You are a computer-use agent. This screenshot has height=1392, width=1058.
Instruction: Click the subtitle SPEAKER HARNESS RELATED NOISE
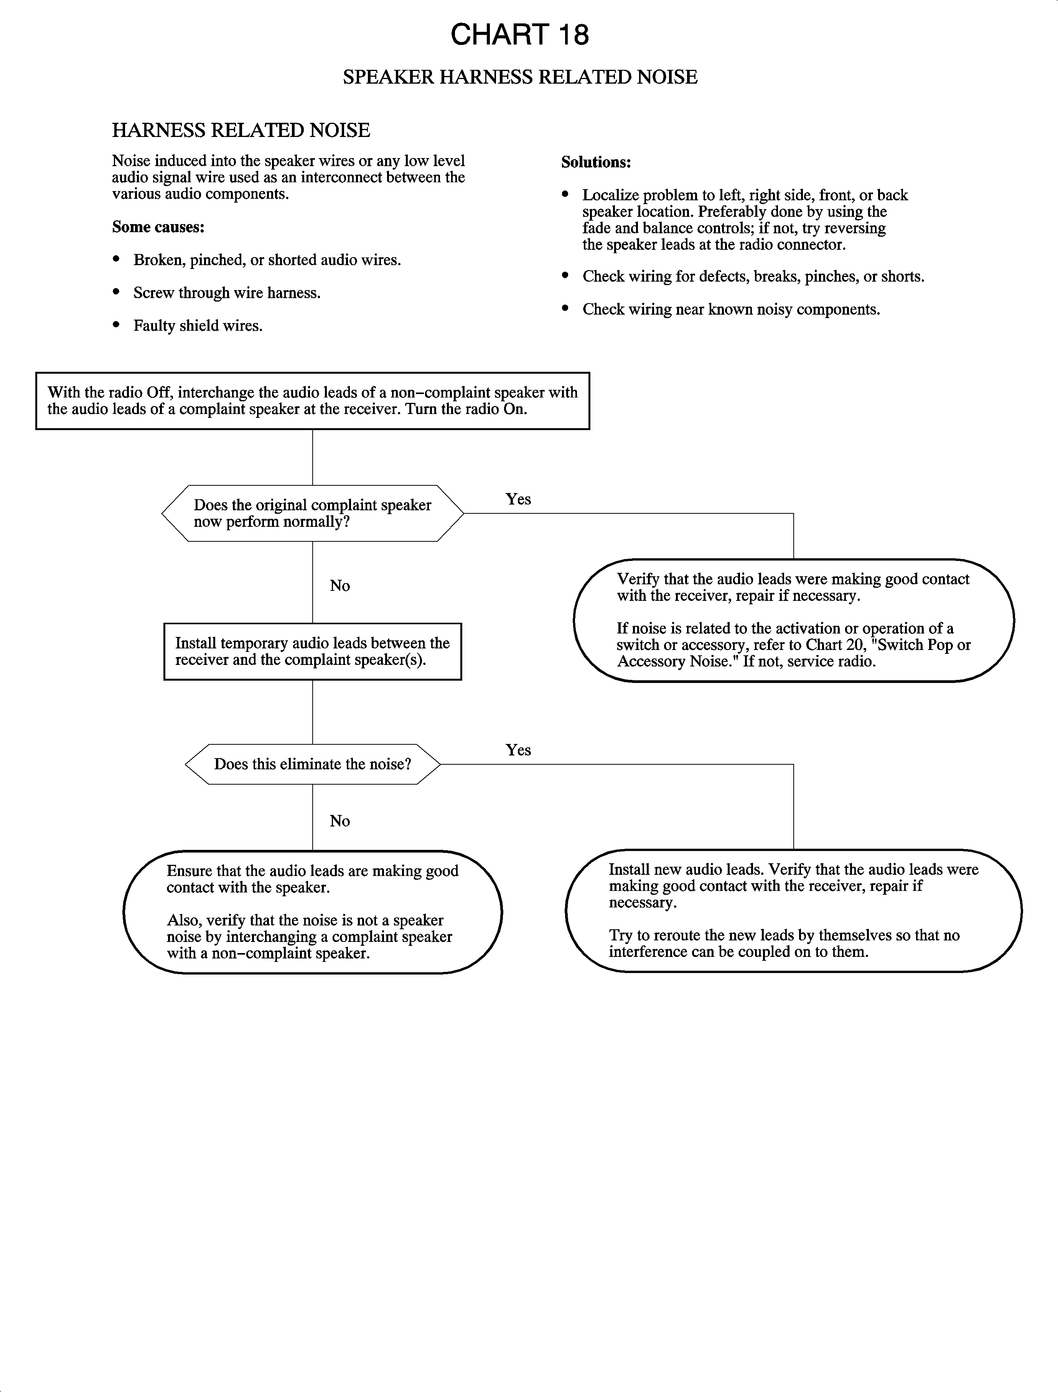[x=519, y=77]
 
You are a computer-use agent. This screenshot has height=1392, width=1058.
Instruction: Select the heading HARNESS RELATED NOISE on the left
[x=241, y=130]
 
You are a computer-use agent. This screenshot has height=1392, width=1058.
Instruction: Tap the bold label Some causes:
[x=158, y=227]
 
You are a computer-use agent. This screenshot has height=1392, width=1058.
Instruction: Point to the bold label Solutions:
[x=596, y=162]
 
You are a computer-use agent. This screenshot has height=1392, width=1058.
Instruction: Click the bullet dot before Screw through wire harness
[x=116, y=292]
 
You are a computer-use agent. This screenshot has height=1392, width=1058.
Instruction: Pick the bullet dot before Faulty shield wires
[x=116, y=325]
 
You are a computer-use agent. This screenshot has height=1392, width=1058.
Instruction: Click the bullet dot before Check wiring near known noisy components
[x=565, y=308]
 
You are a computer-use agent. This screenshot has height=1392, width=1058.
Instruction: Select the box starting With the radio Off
[x=312, y=401]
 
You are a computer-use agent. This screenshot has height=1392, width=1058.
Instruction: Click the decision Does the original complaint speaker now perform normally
[x=312, y=513]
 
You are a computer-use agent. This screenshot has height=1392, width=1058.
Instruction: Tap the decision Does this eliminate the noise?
[x=312, y=764]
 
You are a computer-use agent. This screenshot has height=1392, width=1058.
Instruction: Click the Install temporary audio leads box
[x=312, y=651]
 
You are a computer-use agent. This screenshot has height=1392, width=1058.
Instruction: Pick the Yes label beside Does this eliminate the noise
[x=518, y=750]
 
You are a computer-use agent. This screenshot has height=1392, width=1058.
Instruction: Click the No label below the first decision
[x=339, y=586]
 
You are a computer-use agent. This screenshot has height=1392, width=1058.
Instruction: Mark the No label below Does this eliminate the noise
[x=339, y=821]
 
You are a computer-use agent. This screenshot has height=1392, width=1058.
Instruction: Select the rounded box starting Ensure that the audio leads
[x=312, y=911]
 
